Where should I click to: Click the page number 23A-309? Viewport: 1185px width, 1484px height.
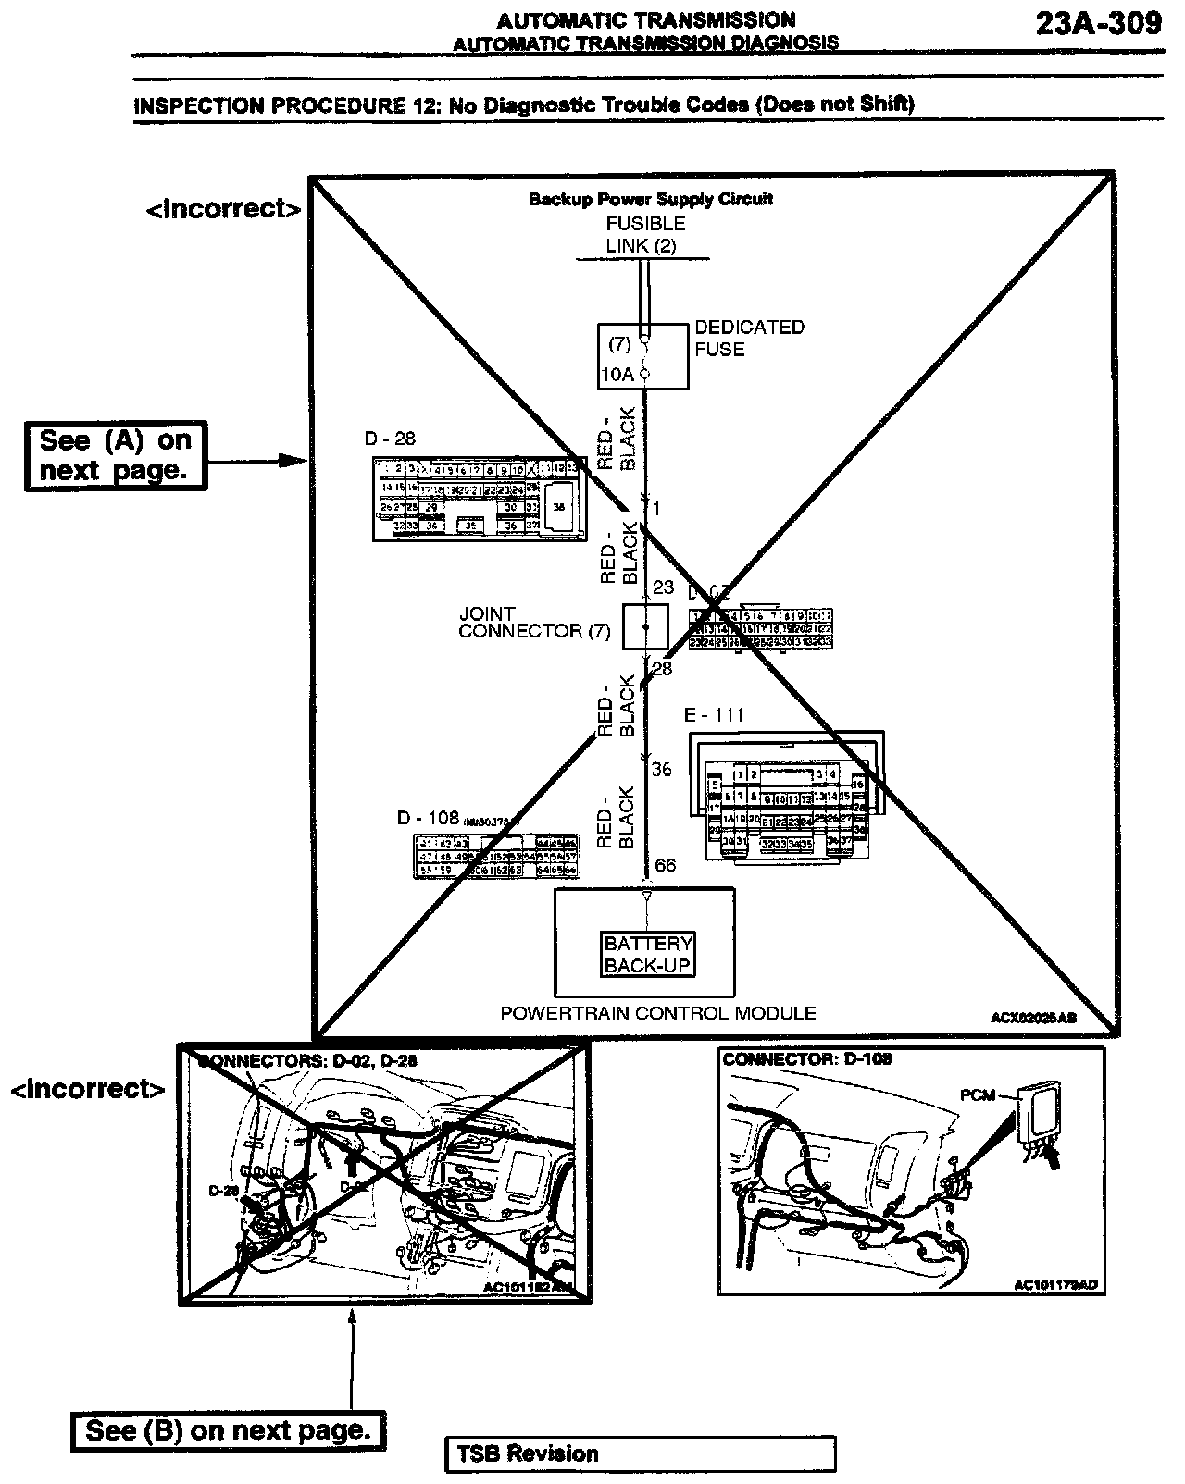pyautogui.click(x=1098, y=22)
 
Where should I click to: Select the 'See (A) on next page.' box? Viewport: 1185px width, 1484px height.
pyautogui.click(x=115, y=455)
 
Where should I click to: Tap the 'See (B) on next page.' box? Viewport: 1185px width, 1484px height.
pyautogui.click(x=229, y=1430)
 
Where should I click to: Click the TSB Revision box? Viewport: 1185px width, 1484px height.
pyautogui.click(x=640, y=1453)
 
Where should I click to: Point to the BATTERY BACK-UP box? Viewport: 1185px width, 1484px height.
pyautogui.click(x=647, y=954)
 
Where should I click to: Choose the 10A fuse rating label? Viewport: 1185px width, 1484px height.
pyautogui.click(x=617, y=375)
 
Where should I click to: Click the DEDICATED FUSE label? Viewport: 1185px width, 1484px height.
pyautogui.click(x=749, y=338)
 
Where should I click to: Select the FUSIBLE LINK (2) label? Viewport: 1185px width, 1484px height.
pyautogui.click(x=645, y=235)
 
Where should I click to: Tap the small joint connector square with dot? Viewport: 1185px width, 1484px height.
pyautogui.click(x=645, y=627)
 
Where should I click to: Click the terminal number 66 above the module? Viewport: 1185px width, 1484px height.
pyautogui.click(x=665, y=866)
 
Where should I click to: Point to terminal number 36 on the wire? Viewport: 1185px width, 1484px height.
pyautogui.click(x=661, y=769)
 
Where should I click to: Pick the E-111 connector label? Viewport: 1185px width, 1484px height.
pyautogui.click(x=714, y=715)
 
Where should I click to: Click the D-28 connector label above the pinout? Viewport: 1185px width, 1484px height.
pyautogui.click(x=391, y=439)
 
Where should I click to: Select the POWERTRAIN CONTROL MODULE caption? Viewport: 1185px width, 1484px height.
pyautogui.click(x=658, y=1014)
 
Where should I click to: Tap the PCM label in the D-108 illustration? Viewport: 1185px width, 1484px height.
pyautogui.click(x=976, y=1095)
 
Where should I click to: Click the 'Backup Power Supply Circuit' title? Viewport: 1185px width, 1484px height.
pyautogui.click(x=650, y=199)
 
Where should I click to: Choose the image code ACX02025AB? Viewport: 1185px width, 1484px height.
pyautogui.click(x=1033, y=1018)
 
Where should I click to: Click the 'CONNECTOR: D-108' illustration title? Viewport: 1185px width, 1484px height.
pyautogui.click(x=806, y=1058)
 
